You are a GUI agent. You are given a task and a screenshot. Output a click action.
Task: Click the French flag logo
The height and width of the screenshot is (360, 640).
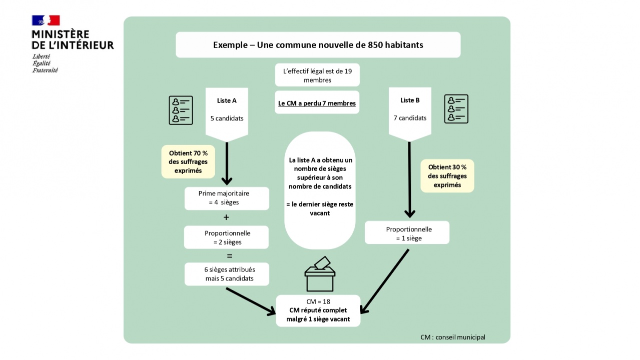pos(46,20)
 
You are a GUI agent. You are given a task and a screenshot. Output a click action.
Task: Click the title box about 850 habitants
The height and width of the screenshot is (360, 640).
pos(318,45)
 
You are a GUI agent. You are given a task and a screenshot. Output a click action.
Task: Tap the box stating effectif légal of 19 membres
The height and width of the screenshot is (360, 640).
pos(317,75)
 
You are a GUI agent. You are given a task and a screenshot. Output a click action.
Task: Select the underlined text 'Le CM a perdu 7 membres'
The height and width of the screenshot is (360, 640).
pos(317,103)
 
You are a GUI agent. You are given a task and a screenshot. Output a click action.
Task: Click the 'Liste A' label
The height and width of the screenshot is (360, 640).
pos(227,100)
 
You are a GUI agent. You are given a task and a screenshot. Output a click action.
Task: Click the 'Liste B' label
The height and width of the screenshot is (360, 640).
pos(410,100)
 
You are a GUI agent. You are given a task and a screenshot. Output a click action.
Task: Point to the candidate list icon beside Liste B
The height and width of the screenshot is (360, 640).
pos(456,109)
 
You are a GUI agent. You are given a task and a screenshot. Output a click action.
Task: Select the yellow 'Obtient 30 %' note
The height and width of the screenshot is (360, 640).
pos(447,176)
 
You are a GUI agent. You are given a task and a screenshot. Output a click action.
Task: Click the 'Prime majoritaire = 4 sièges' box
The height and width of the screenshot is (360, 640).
pos(226,198)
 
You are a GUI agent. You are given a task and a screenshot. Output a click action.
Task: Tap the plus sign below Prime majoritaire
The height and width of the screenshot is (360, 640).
pos(226,217)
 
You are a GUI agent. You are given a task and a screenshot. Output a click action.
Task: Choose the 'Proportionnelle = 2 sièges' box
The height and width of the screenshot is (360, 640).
pos(226,237)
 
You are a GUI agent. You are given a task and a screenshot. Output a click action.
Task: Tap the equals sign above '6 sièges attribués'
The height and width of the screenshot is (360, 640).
pos(230,256)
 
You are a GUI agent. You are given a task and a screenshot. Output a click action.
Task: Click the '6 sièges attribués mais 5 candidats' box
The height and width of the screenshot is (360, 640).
pos(227,274)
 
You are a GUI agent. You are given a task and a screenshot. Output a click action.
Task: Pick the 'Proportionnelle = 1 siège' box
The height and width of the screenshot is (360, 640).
pos(407,233)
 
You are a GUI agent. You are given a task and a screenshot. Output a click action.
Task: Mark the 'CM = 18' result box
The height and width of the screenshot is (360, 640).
pos(318,310)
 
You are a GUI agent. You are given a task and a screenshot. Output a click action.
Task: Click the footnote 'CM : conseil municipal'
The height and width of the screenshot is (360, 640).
pos(452,337)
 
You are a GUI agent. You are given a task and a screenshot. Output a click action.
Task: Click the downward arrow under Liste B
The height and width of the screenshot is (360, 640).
pos(409,180)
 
